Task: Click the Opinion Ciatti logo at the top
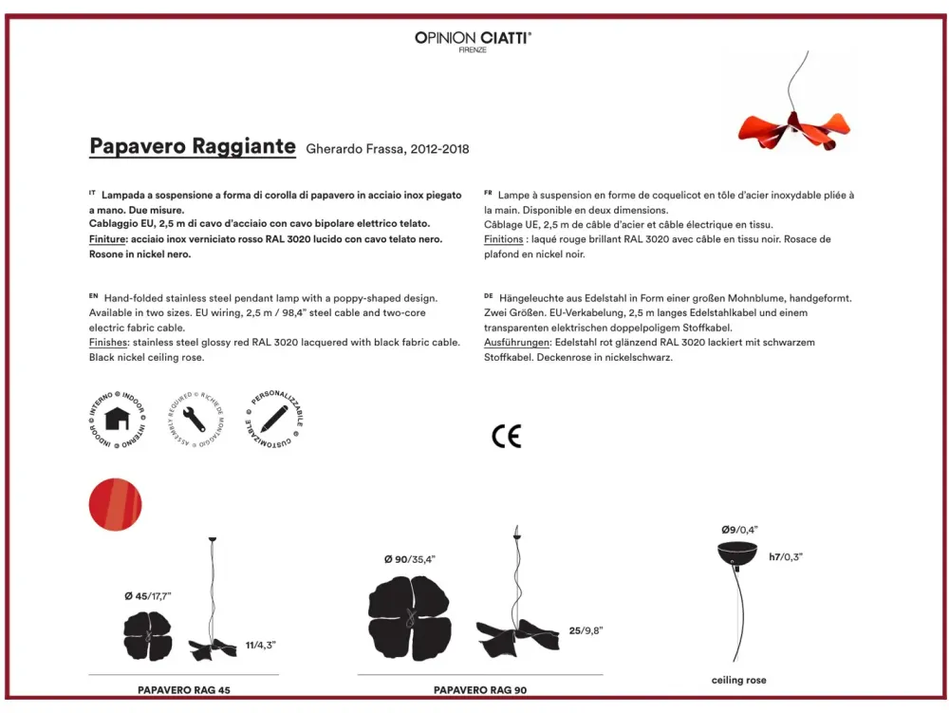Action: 473,39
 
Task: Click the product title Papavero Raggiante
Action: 193,146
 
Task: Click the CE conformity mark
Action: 506,436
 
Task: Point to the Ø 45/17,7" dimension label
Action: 147,595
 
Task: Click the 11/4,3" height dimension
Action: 260,645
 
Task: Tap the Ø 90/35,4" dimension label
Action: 409,560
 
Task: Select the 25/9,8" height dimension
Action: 586,630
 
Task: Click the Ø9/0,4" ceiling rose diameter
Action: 739,529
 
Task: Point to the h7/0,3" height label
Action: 786,557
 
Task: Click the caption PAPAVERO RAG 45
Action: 184,690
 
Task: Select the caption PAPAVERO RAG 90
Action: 479,690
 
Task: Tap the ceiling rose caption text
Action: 738,680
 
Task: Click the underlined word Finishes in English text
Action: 109,343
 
